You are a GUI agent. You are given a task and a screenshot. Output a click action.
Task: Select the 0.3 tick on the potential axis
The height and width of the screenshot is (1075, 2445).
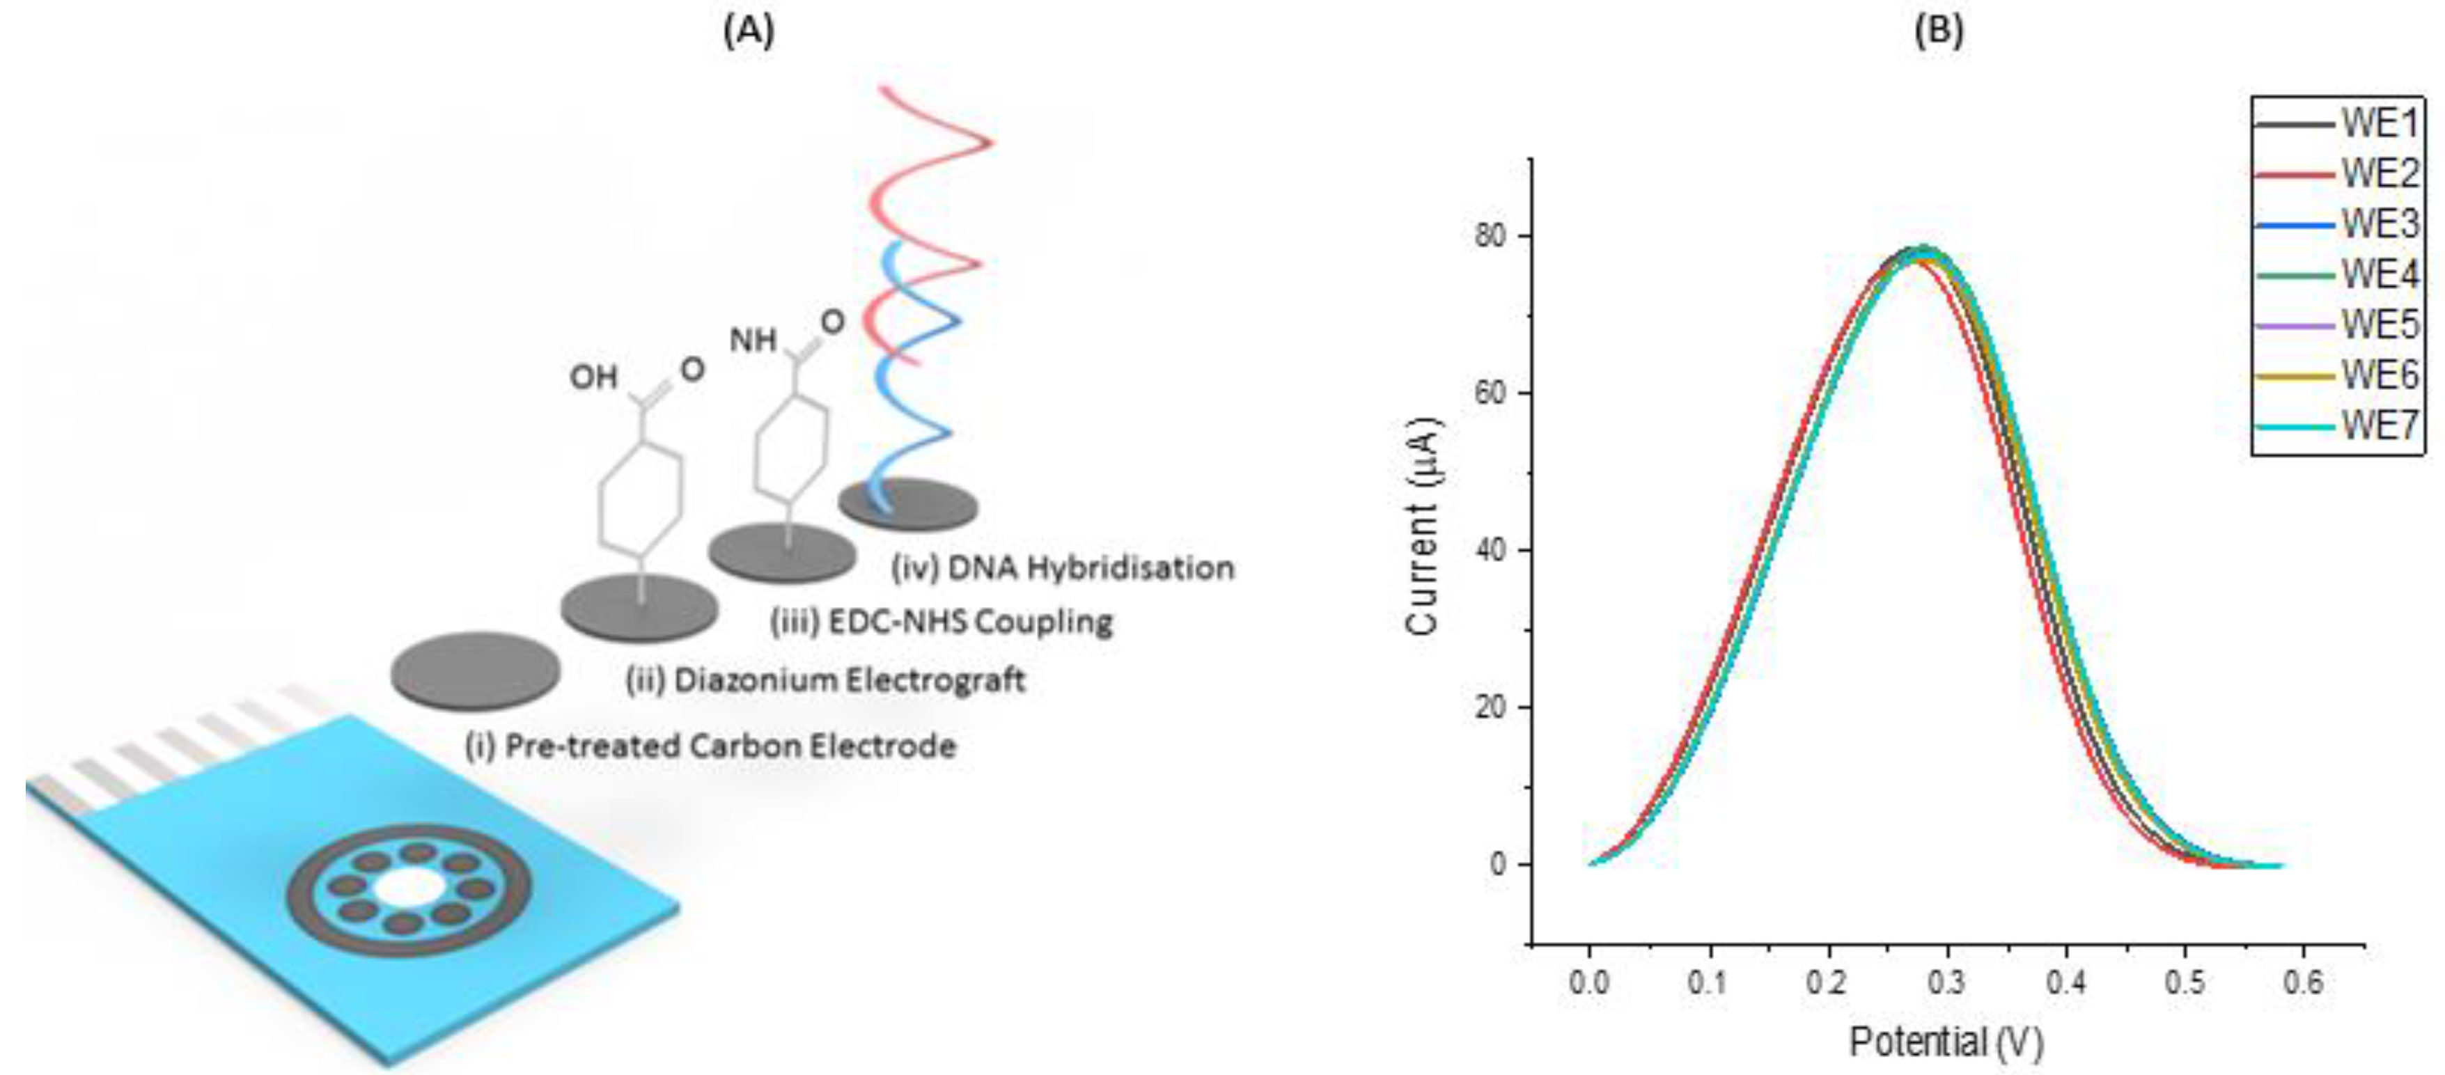coord(1946,983)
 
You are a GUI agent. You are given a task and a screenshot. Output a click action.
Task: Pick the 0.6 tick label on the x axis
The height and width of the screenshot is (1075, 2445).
coord(2304,983)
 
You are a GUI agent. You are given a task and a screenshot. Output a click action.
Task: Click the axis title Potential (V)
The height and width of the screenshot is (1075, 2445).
coord(1946,1042)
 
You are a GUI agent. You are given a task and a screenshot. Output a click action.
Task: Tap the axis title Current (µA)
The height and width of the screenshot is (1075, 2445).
coord(1423,526)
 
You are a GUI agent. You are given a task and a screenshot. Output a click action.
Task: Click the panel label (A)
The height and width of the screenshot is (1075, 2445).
coord(749,31)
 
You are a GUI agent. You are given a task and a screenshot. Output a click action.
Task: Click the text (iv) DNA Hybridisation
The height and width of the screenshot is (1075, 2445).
coord(1063,567)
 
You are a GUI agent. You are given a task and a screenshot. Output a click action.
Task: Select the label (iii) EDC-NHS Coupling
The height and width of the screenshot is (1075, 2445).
coord(941,622)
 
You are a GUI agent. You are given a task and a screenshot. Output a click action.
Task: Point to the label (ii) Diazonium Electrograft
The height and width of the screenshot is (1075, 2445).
coord(826,680)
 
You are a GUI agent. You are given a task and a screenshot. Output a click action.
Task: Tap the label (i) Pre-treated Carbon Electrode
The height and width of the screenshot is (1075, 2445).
coord(710,746)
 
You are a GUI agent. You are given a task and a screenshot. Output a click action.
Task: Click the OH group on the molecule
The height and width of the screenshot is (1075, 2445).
coord(593,377)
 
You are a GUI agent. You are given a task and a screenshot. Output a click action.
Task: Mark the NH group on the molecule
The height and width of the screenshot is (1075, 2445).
coord(753,340)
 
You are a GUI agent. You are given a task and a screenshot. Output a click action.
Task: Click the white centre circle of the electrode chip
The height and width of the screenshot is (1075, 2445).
coord(409,889)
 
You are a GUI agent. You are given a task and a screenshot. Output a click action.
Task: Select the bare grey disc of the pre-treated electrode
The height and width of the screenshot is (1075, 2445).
coord(476,670)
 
